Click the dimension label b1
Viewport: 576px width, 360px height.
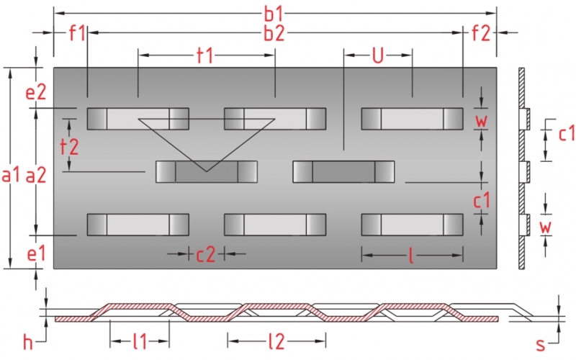(x=276, y=12)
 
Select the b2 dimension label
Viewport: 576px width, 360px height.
(x=276, y=32)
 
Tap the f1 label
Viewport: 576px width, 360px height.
(x=76, y=32)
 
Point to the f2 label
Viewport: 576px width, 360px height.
(x=480, y=32)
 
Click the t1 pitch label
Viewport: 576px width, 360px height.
(x=206, y=56)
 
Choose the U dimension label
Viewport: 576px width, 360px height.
(x=377, y=56)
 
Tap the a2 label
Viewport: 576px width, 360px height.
(x=36, y=174)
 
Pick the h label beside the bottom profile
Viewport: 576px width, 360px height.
(x=28, y=343)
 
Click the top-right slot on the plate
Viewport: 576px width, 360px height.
(x=412, y=119)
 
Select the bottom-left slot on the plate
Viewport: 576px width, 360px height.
(x=138, y=225)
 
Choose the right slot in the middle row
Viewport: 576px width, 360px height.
(x=343, y=171)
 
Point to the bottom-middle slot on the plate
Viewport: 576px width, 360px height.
(x=275, y=225)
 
